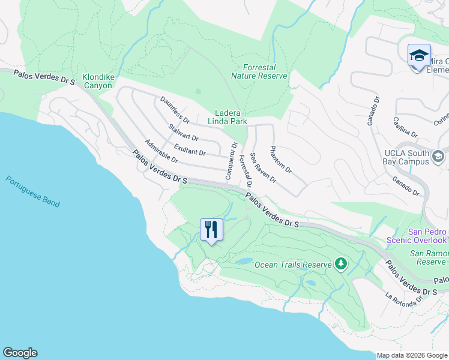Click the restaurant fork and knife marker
[x=211, y=230]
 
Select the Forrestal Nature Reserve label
[x=265, y=71]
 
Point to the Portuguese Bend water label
[x=33, y=191]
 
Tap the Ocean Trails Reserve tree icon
[x=341, y=263]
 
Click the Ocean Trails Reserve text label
[x=293, y=265]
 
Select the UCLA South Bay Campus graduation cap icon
[x=438, y=157]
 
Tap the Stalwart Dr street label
[x=184, y=133]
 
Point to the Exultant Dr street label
[x=190, y=149]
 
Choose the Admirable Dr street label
[x=161, y=151]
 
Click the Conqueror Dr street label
[x=232, y=161]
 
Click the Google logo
[x=20, y=353]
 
